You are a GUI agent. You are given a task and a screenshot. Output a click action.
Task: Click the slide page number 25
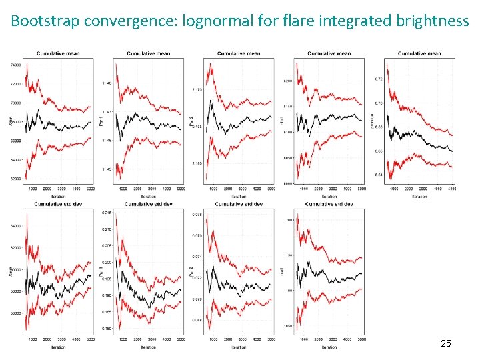pos(446,343)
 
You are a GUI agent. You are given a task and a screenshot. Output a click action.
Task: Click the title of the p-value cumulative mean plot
pos(419,53)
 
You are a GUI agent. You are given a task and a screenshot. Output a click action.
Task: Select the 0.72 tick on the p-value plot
pos(378,79)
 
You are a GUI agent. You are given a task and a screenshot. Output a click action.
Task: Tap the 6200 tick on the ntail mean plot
pos(287,81)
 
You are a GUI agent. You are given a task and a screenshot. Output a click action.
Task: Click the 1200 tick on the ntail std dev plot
pos(287,220)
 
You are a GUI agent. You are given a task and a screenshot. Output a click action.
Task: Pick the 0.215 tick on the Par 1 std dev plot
pos(106,213)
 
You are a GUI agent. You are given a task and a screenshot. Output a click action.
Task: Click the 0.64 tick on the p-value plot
pos(378,175)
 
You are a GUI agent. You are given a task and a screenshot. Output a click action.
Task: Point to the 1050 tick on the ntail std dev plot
pos(287,326)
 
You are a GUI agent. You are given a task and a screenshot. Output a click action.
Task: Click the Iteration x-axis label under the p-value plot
pos(419,197)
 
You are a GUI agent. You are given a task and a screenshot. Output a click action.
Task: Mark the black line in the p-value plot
pos(420,137)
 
